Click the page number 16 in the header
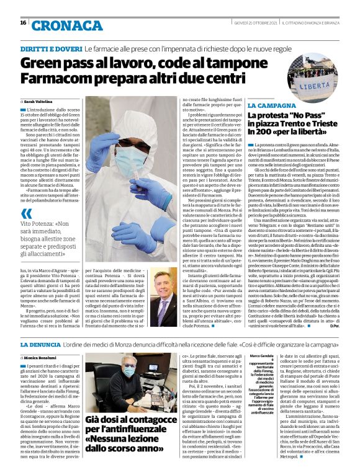click(23, 22)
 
